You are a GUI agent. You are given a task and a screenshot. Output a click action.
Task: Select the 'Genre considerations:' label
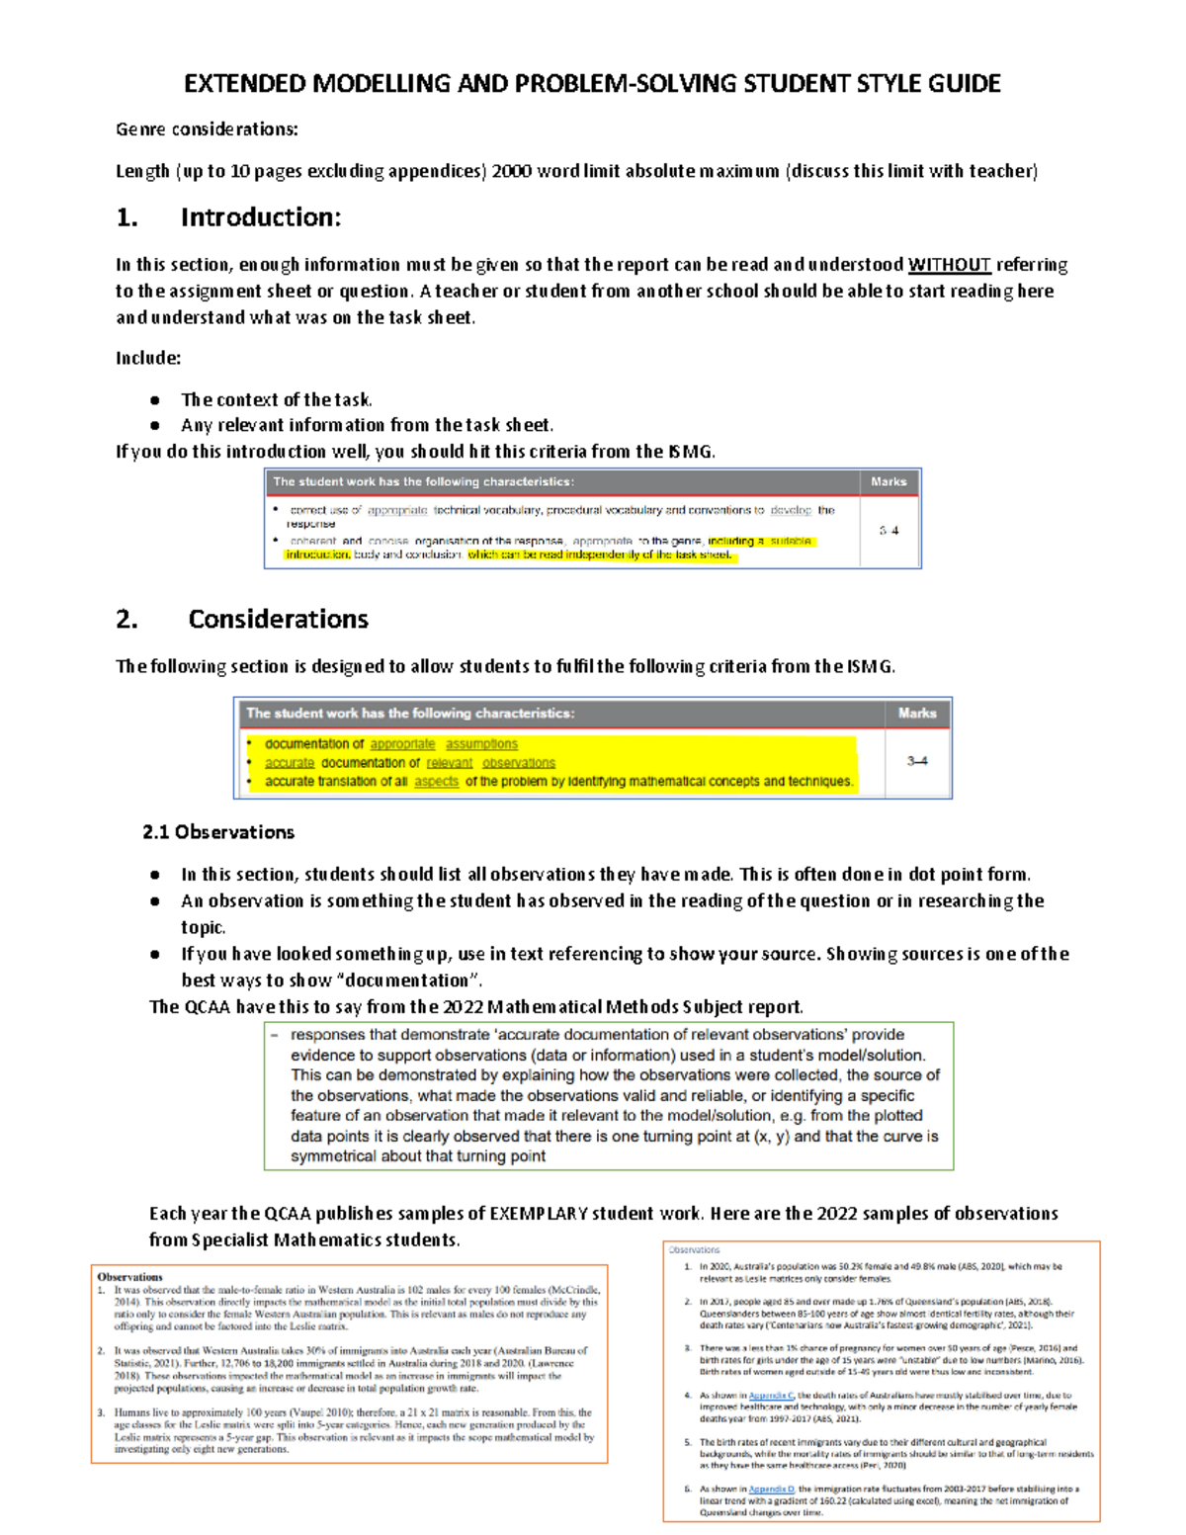pyautogui.click(x=207, y=129)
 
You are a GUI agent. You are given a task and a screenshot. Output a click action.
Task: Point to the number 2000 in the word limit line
pyautogui.click(x=511, y=171)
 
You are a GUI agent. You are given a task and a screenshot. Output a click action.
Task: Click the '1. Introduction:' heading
pyautogui.click(x=228, y=217)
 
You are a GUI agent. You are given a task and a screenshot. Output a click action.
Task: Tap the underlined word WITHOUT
pyautogui.click(x=949, y=265)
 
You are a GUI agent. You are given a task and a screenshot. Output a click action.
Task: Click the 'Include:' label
pyautogui.click(x=148, y=358)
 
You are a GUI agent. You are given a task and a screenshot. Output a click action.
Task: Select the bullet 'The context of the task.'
pyautogui.click(x=277, y=399)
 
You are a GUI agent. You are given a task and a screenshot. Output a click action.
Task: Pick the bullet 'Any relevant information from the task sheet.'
pyautogui.click(x=367, y=425)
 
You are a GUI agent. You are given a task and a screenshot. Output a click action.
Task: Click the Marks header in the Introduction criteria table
pyautogui.click(x=889, y=482)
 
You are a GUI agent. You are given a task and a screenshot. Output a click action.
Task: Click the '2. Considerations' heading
pyautogui.click(x=242, y=620)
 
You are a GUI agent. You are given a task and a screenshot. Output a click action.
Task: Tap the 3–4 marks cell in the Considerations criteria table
pyautogui.click(x=916, y=761)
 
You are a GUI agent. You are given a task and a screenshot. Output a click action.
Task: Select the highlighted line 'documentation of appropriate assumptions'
pyautogui.click(x=390, y=744)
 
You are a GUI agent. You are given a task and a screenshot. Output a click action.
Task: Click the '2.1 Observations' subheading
pyautogui.click(x=218, y=832)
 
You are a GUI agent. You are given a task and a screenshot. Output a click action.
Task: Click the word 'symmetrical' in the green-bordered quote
pyautogui.click(x=332, y=1156)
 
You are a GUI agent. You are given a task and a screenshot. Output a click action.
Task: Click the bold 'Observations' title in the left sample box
pyautogui.click(x=129, y=1277)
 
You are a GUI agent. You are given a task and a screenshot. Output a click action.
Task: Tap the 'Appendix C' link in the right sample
pyautogui.click(x=771, y=1396)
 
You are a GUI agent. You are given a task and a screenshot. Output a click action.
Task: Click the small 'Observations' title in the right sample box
pyautogui.click(x=695, y=1250)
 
